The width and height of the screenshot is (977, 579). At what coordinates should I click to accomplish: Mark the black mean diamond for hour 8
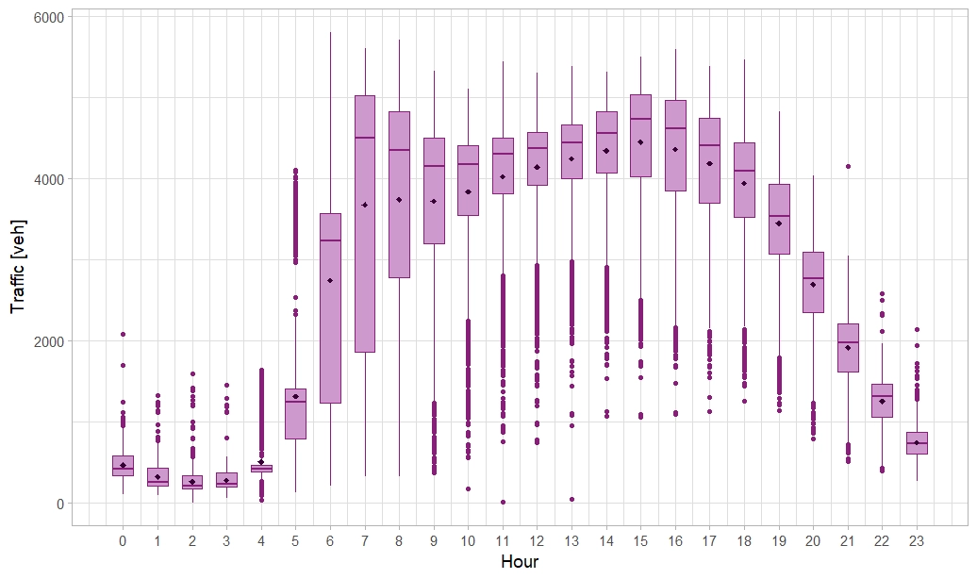point(399,199)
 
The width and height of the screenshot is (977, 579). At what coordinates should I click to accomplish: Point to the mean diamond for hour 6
point(330,280)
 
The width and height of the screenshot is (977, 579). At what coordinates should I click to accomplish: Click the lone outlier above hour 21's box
point(848,166)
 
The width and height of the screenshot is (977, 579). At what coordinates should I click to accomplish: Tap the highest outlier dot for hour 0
point(123,334)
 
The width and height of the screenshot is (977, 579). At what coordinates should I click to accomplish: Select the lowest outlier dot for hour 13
point(571,499)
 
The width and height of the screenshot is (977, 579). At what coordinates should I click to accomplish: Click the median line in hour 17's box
point(709,145)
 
